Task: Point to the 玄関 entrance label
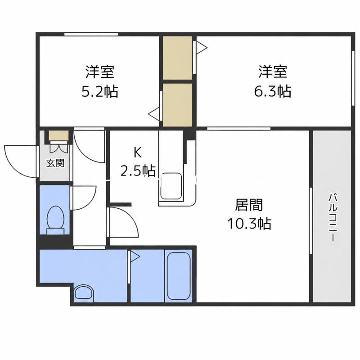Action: coord(55,163)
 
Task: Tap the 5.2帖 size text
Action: coord(100,91)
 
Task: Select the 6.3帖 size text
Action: coord(273,91)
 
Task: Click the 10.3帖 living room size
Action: coord(249,223)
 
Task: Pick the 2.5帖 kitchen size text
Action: coord(138,171)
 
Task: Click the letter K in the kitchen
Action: coord(138,153)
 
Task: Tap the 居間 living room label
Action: coord(249,205)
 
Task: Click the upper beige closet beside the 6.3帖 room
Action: coord(177,58)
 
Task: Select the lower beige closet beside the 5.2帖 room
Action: coord(177,105)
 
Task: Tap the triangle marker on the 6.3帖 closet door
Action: coord(202,48)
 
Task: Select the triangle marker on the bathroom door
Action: coord(135,256)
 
